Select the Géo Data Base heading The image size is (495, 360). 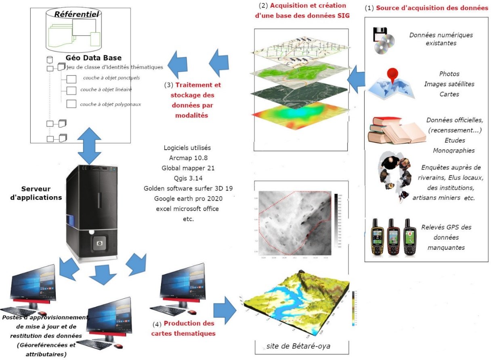point(83,58)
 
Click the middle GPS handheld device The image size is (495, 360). point(392,237)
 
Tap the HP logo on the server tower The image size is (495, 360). point(96,243)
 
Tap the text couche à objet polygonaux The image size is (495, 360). point(110,104)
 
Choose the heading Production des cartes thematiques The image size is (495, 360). point(184,329)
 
